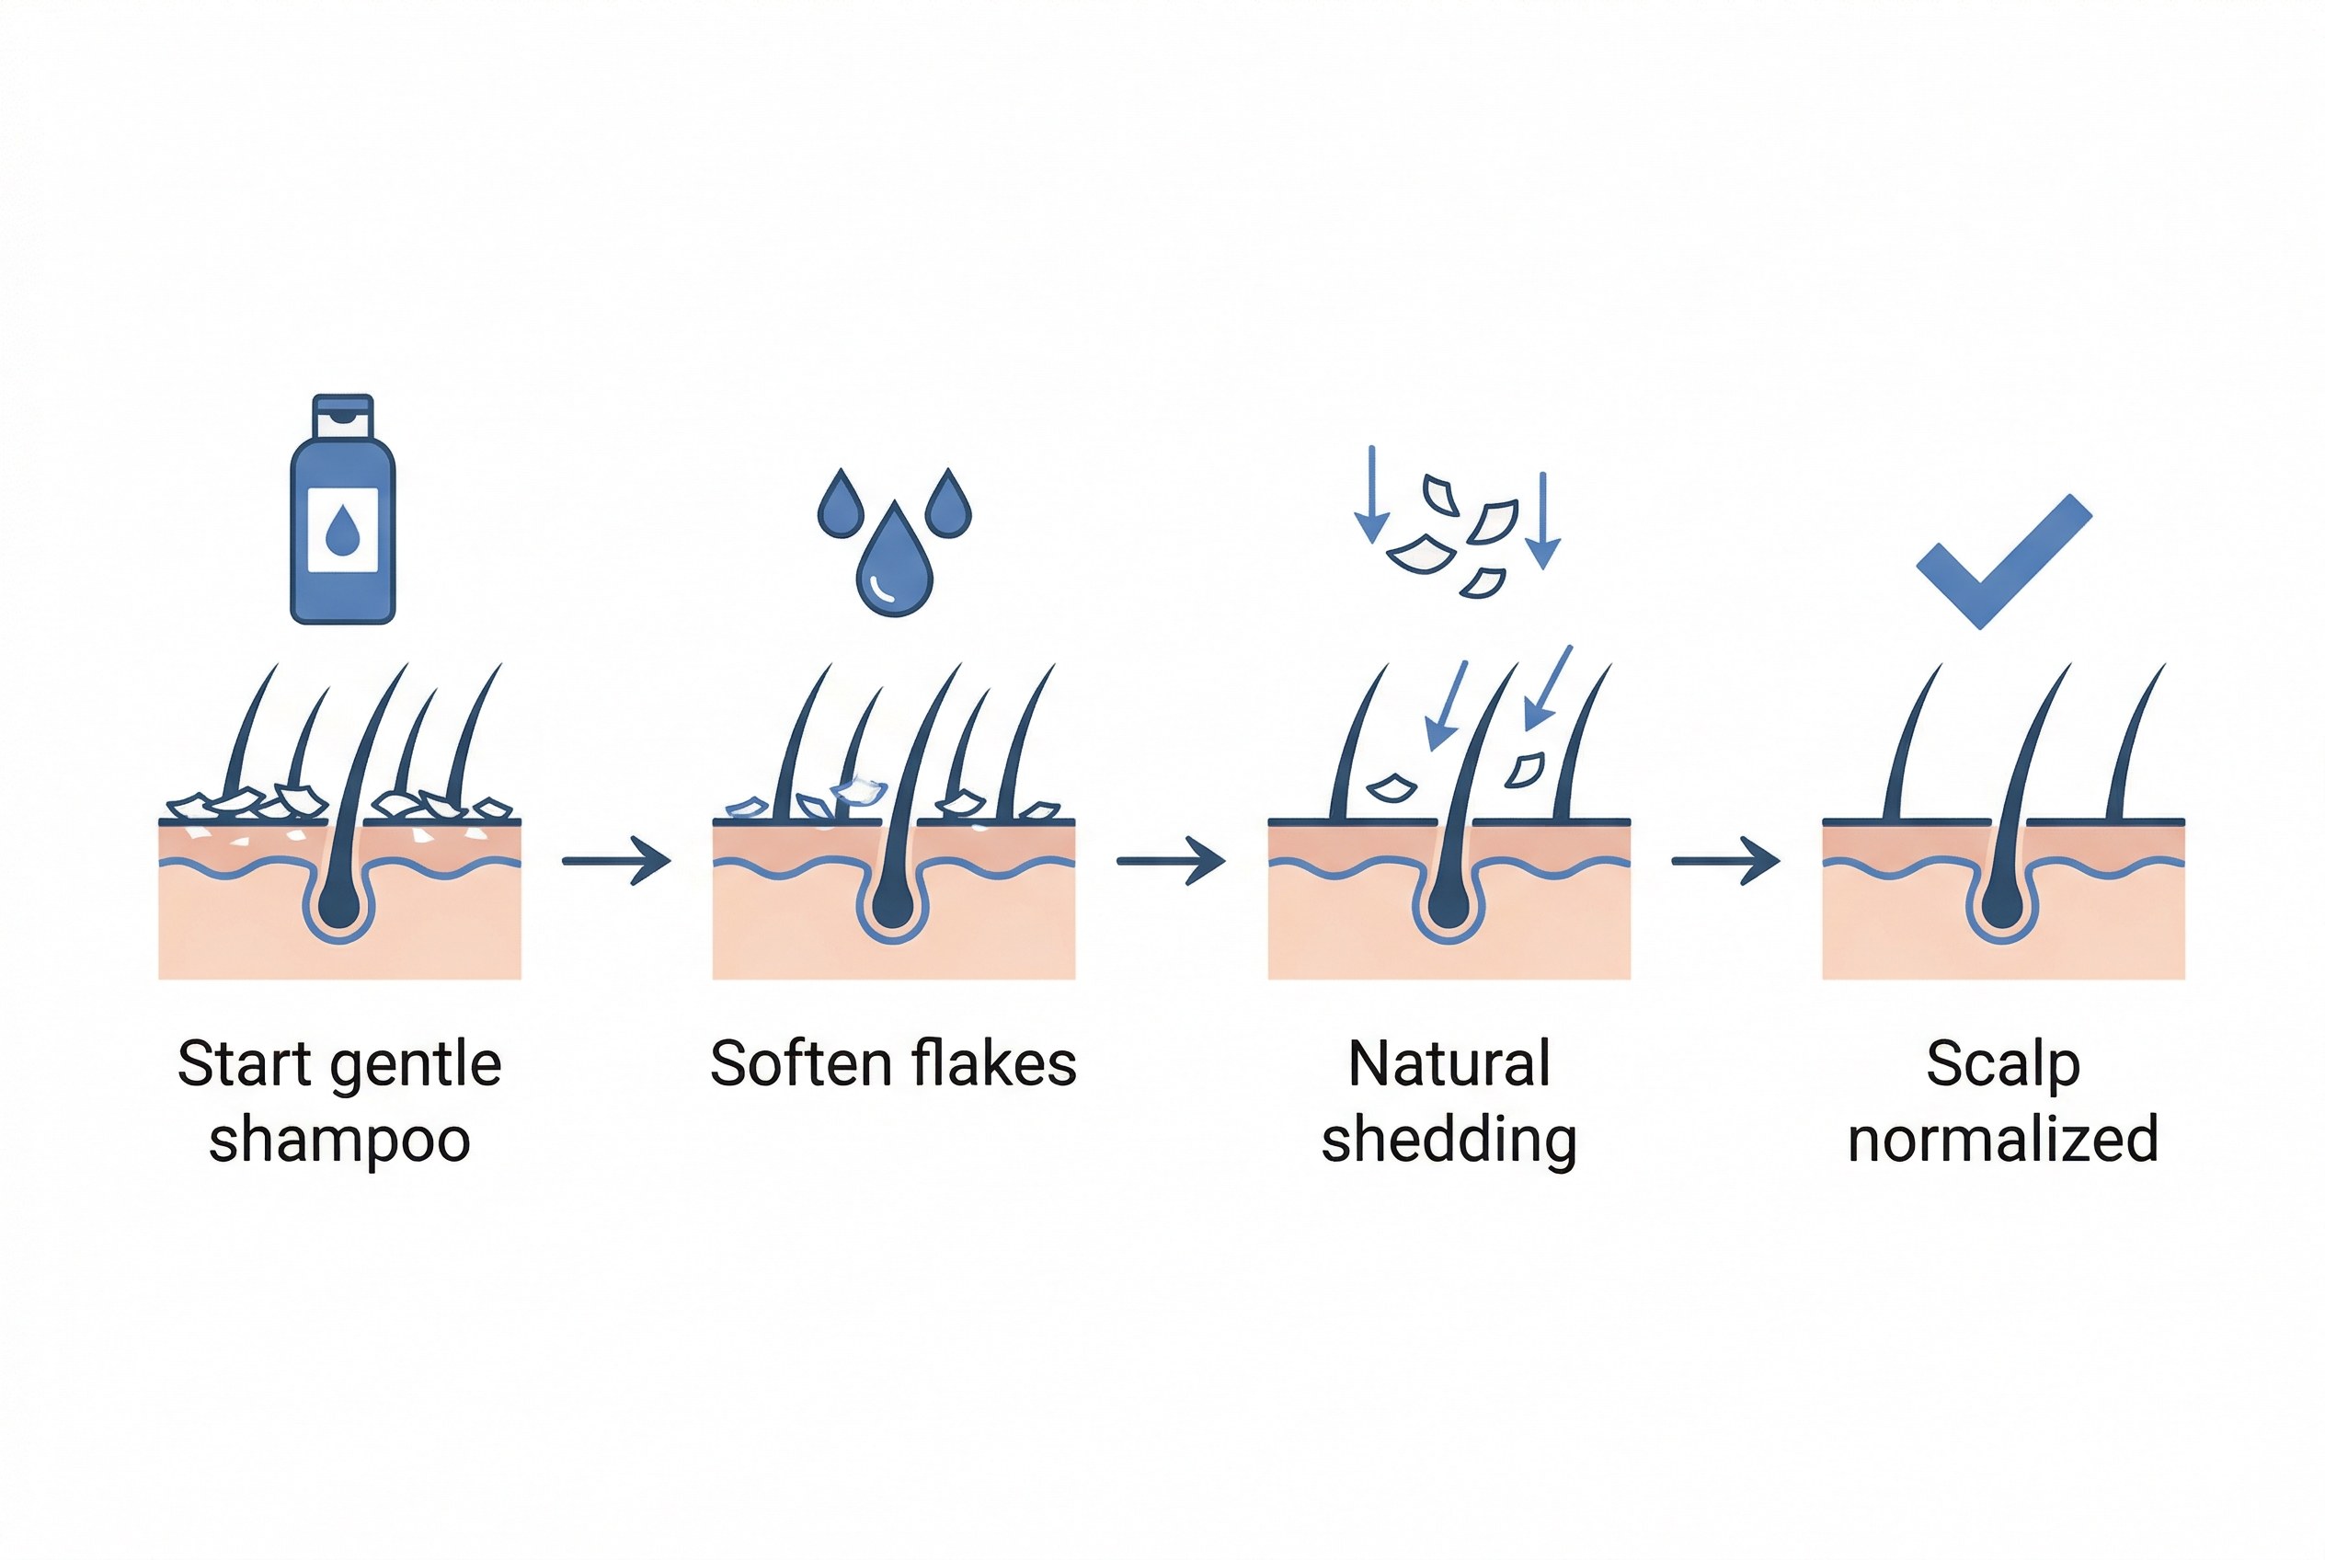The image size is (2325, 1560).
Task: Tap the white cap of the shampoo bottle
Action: (x=342, y=418)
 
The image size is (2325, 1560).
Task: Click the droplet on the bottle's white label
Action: (x=342, y=531)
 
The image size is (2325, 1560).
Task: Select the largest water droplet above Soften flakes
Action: (x=893, y=562)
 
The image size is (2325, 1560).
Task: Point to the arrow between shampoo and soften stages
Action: (x=616, y=860)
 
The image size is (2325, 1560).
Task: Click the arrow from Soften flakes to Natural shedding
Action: (x=1170, y=860)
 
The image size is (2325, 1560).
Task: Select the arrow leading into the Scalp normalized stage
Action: (x=1725, y=860)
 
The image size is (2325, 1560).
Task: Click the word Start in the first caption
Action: (x=244, y=1063)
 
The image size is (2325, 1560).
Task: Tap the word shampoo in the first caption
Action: (x=339, y=1141)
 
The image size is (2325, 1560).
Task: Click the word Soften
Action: (x=800, y=1063)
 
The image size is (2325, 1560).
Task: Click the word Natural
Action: (x=1449, y=1063)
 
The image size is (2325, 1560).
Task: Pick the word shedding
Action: (x=1449, y=1141)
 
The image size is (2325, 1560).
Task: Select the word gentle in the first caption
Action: (x=415, y=1065)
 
